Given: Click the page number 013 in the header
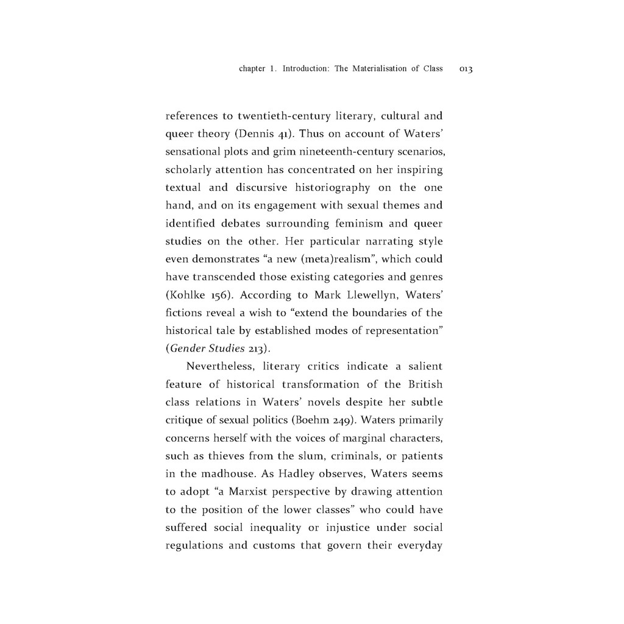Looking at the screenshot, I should click(x=466, y=69).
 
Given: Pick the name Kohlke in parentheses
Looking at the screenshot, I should click(x=185, y=296).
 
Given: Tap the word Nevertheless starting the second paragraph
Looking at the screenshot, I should click(x=221, y=367).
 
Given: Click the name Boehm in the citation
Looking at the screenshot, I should click(x=314, y=420).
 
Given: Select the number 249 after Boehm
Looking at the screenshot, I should click(x=342, y=420).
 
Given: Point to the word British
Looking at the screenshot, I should click(x=425, y=385).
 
